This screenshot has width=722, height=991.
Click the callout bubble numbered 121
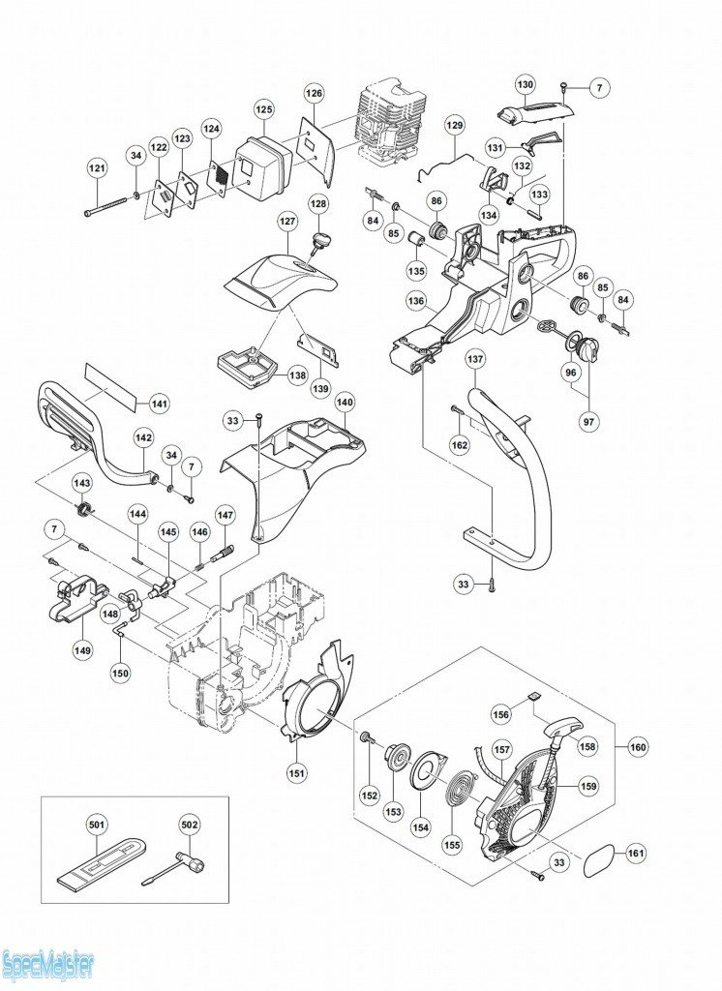pos(98,168)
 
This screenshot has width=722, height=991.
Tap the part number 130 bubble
pos(526,84)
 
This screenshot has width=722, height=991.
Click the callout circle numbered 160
pos(639,747)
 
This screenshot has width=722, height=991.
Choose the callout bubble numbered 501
pos(98,825)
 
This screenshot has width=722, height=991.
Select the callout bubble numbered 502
pos(190,825)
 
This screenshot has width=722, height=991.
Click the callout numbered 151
pos(296,771)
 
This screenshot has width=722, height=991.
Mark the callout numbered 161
pos(636,854)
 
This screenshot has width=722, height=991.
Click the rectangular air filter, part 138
pos(249,367)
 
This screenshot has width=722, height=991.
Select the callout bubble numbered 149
pos(83,649)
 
